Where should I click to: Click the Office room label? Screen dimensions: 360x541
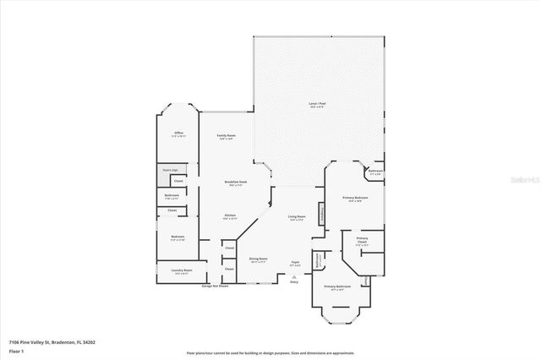click(x=178, y=134)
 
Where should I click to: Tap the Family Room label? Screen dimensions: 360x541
click(x=226, y=136)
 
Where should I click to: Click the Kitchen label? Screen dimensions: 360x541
click(x=228, y=216)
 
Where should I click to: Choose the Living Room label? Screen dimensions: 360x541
click(x=296, y=217)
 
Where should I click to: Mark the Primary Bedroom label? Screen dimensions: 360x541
click(x=352, y=199)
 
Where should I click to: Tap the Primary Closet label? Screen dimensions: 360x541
click(x=362, y=241)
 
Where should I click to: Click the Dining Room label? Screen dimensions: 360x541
click(x=258, y=259)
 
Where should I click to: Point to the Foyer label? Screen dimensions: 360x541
click(x=295, y=263)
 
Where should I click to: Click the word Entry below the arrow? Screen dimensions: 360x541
click(x=294, y=281)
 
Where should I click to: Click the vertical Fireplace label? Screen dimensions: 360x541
click(x=320, y=215)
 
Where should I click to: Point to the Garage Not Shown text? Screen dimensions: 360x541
click(x=217, y=287)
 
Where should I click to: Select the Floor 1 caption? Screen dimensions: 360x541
click(x=16, y=350)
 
